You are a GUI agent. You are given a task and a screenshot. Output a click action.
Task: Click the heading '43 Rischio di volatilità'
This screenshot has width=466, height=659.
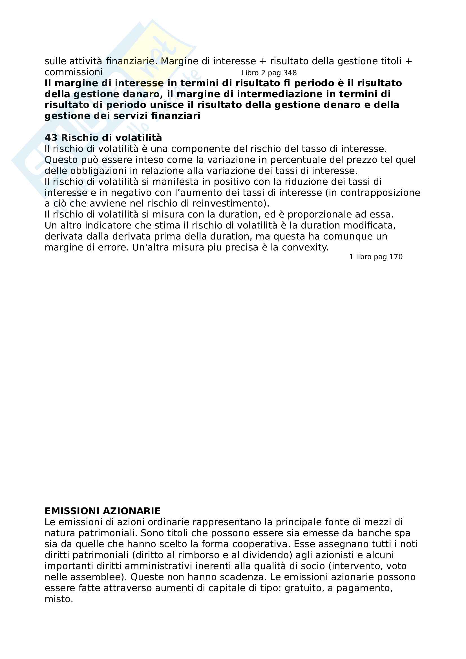[103, 138]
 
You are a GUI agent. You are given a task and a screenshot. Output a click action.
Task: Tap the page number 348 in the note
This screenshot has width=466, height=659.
[290, 73]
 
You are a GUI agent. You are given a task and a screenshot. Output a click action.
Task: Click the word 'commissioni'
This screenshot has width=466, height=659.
[74, 72]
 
